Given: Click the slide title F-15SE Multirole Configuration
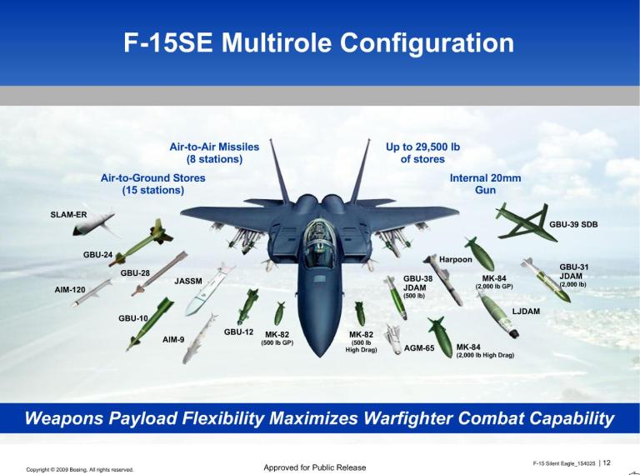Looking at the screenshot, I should [x=319, y=42].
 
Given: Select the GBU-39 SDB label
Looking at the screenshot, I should [x=573, y=224].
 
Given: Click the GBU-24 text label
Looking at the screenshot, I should [x=97, y=254].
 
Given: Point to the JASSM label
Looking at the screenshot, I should [x=188, y=282].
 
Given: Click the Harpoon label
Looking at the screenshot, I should [x=456, y=259].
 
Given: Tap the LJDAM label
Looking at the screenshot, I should [x=526, y=311].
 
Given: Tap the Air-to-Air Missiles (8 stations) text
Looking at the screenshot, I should [x=214, y=152].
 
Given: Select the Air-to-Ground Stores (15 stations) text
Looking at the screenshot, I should [x=152, y=183].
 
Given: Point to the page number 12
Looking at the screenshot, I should [x=607, y=462].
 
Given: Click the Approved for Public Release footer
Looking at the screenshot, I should [x=314, y=467].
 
